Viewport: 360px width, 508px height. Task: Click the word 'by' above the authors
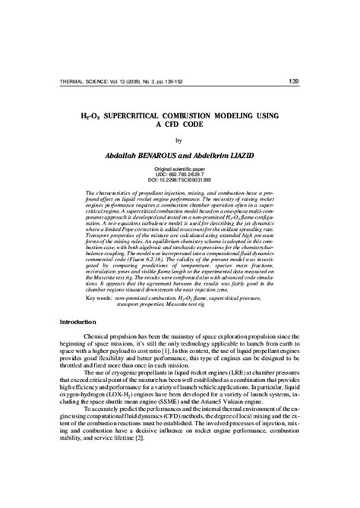(x=179, y=141)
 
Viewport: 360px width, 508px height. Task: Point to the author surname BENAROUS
(x=163, y=156)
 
